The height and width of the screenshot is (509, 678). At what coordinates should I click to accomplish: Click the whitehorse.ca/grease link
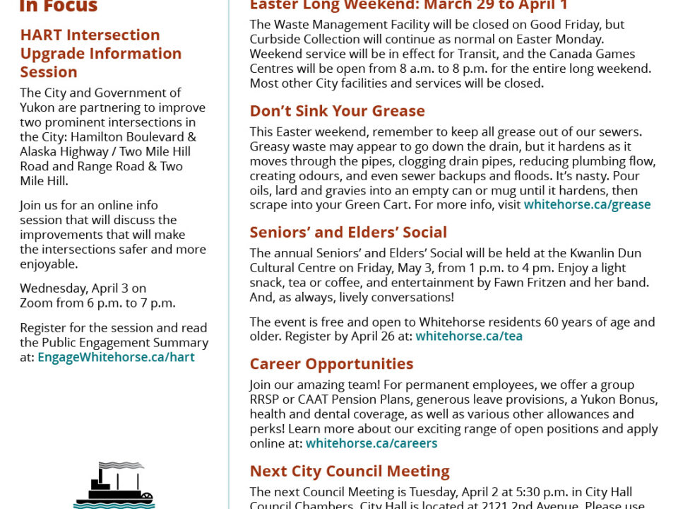(x=587, y=205)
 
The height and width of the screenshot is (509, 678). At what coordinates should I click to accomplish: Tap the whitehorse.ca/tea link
(x=469, y=337)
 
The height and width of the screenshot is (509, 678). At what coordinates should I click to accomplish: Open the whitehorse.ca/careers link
(x=371, y=444)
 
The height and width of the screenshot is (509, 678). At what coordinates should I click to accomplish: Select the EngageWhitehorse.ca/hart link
(x=116, y=358)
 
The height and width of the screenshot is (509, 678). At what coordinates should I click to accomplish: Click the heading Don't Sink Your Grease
(x=337, y=111)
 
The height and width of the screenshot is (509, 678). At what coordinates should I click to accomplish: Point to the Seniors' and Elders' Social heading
(x=348, y=233)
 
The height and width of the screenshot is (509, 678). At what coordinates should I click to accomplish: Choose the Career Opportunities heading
(x=331, y=364)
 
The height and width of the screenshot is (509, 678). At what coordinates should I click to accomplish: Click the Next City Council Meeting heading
(x=350, y=472)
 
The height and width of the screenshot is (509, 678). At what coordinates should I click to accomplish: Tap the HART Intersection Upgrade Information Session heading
(x=100, y=53)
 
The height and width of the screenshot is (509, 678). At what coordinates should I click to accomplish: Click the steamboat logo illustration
(x=114, y=486)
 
